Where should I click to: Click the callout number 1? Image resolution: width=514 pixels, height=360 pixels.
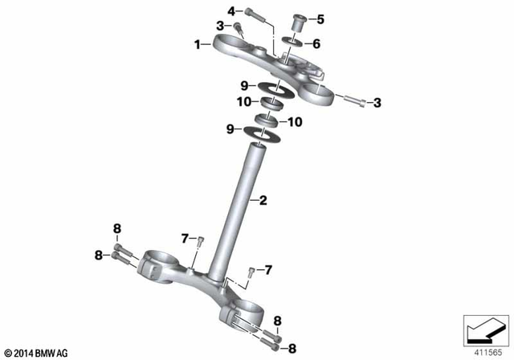198,46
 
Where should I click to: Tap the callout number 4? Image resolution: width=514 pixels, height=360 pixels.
232,10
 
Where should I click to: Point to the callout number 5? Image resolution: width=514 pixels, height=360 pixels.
321,18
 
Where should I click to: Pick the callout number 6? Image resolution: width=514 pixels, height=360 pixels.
316,44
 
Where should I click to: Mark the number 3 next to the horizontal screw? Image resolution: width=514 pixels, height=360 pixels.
378,102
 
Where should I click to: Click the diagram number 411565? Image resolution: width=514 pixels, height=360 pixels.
487,352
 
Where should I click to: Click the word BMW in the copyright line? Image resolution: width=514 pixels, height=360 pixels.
47,353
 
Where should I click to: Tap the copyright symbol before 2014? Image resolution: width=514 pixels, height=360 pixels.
8,353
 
